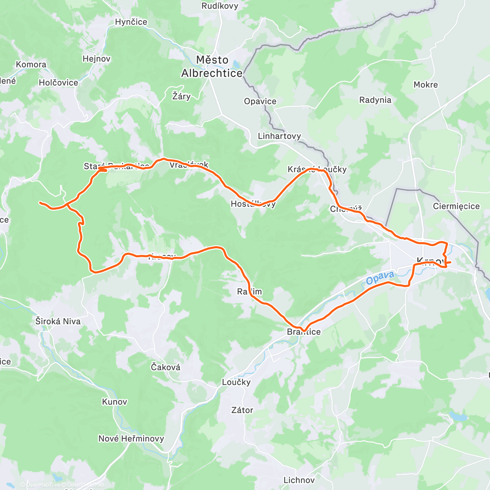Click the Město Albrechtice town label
[212, 67]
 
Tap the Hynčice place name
[131, 22]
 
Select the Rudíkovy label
[220, 6]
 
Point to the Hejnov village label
[96, 59]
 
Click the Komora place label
[31, 65]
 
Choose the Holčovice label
[58, 82]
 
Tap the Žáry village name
[181, 96]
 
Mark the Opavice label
[260, 101]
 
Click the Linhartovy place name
[279, 136]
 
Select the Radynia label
[375, 100]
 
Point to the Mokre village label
[425, 85]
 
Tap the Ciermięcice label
[456, 206]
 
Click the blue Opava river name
[380, 278]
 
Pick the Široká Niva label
[58, 321]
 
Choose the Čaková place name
[165, 367]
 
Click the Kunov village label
[115, 402]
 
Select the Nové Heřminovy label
[131, 439]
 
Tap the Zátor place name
[242, 410]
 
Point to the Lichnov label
[299, 480]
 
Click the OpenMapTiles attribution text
[43, 485]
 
